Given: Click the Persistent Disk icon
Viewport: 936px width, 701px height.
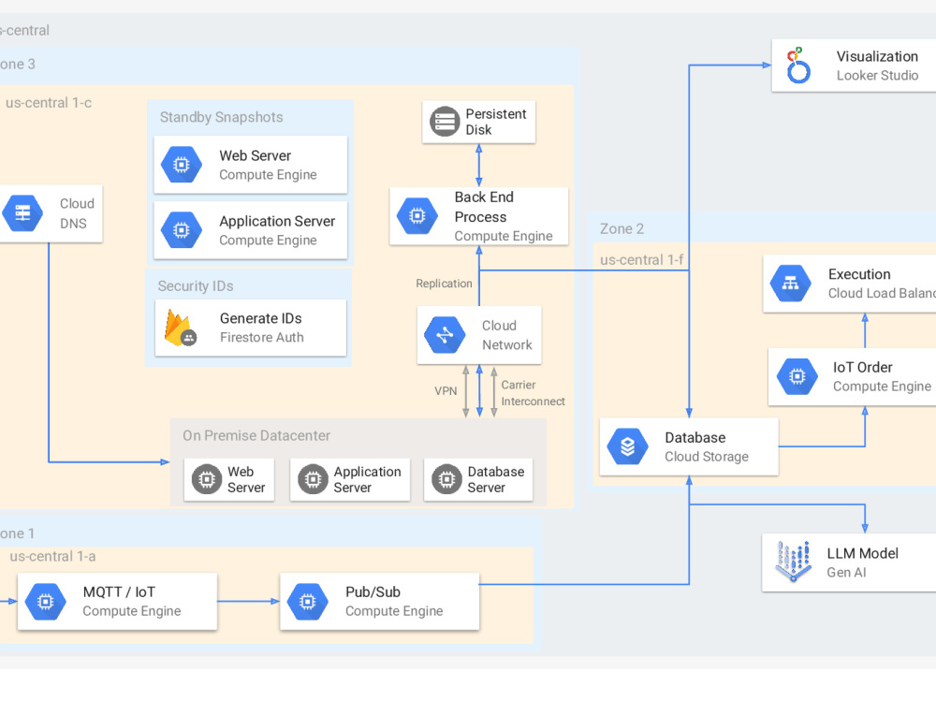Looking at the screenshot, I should click(x=445, y=122).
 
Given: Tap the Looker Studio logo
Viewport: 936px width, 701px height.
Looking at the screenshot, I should click(x=797, y=66).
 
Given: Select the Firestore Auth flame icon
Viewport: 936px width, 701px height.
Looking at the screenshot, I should click(x=180, y=328).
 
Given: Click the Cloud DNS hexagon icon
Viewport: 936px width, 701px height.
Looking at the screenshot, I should click(x=22, y=213).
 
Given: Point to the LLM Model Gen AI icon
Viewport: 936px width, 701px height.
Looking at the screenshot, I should click(x=793, y=562).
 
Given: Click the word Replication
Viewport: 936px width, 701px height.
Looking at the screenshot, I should click(x=444, y=284).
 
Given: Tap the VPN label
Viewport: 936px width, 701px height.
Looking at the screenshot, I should click(x=446, y=390).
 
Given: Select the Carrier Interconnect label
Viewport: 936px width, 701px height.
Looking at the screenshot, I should click(x=533, y=393).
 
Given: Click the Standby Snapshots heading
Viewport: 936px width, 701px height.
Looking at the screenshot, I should click(x=221, y=117).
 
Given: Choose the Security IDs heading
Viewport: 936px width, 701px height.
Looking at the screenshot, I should click(x=196, y=285).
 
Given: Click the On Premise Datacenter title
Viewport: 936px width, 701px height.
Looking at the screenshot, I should click(x=256, y=435).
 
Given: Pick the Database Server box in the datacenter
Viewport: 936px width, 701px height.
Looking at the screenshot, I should click(x=478, y=479).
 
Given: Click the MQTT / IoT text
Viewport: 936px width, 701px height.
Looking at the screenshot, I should click(x=119, y=591).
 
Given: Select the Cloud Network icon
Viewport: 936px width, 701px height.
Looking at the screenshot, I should click(x=444, y=335).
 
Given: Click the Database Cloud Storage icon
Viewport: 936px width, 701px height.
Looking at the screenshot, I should click(x=627, y=446).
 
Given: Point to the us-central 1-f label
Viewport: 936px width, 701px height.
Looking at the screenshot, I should click(x=641, y=259).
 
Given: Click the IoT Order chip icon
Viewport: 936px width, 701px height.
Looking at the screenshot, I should click(x=797, y=376).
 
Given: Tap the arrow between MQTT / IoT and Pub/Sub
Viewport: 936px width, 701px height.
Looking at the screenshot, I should click(x=249, y=602).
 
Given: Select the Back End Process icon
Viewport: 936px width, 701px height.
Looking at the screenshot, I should click(x=417, y=216).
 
